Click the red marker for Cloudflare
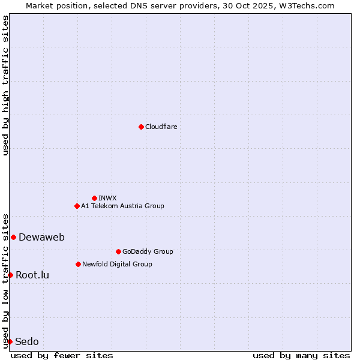tap(141, 127)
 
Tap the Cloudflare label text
tap(161, 127)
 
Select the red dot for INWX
tap(94, 198)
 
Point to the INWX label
tap(107, 198)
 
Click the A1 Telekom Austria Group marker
tap(77, 206)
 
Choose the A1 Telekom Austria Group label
tap(122, 206)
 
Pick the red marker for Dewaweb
tap(13, 237)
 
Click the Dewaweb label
tap(41, 237)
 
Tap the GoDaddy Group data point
tap(118, 251)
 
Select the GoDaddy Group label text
tap(148, 251)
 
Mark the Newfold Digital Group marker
tap(78, 264)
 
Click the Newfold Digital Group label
tap(117, 264)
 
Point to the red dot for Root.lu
tap(10, 275)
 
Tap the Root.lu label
tap(32, 275)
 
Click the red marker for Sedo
tap(10, 341)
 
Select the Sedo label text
tap(27, 341)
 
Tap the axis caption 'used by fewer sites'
tap(62, 355)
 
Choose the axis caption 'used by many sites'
tap(301, 355)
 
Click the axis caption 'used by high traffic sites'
tap(5, 85)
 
